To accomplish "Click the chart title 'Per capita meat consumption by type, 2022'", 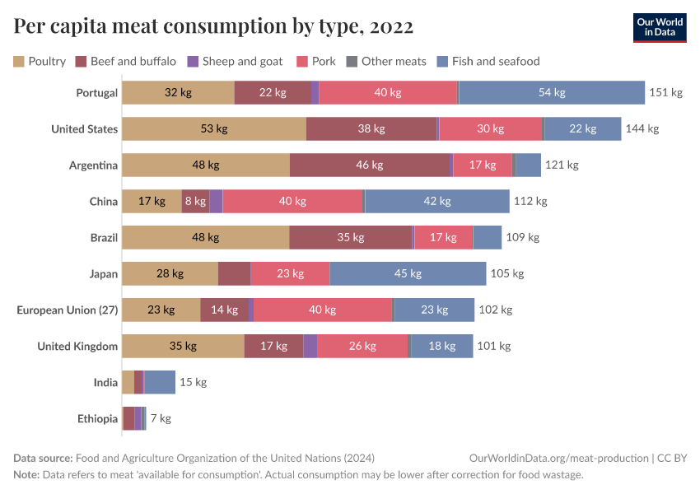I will (x=213, y=27).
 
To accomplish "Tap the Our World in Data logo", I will (x=660, y=27).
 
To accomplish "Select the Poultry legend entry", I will (x=40, y=61).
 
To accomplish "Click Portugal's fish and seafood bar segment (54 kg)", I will (x=552, y=92).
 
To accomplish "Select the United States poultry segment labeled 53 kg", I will (x=214, y=128).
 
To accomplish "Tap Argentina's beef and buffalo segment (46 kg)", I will (x=371, y=165).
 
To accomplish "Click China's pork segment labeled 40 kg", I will (x=292, y=201).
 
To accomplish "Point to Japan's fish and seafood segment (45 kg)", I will (x=408, y=273).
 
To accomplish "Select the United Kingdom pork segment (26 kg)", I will (x=362, y=346).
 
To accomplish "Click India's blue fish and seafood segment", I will (x=160, y=382).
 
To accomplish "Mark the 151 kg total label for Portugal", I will (x=666, y=92).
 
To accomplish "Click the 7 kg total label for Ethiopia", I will (x=161, y=418).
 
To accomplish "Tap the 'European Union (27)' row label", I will (x=68, y=310).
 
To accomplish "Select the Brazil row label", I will (x=104, y=237).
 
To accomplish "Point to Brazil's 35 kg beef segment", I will (x=351, y=237).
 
